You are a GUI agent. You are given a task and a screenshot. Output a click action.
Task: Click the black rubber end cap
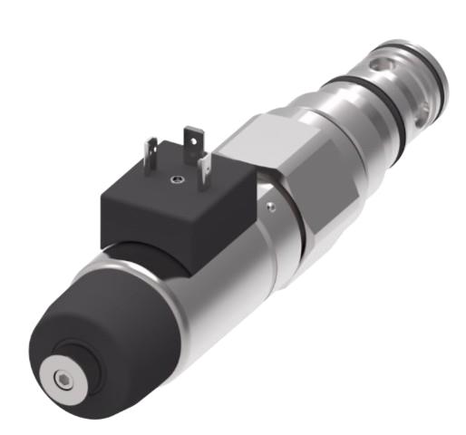coord(86,317)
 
